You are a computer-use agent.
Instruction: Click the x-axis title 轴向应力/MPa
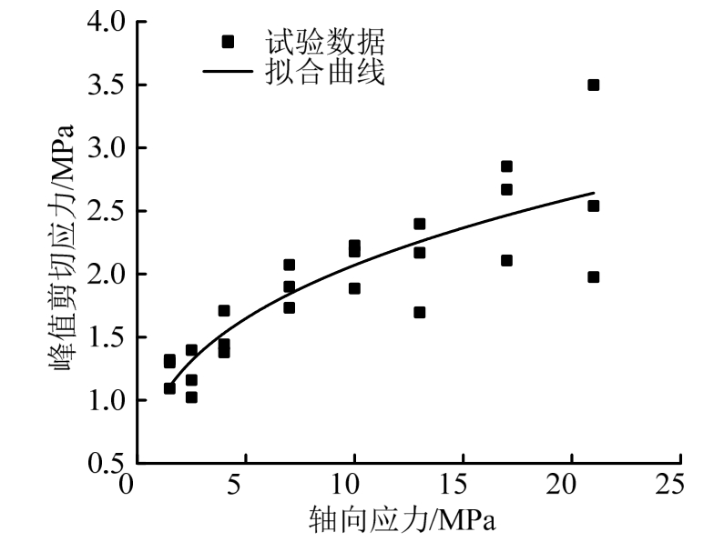[x=404, y=520]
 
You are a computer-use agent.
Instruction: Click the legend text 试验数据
[x=325, y=41]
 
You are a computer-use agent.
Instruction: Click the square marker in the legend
[x=228, y=41]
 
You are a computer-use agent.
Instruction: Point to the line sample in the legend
[x=228, y=72]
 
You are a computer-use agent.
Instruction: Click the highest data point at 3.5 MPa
[x=594, y=85]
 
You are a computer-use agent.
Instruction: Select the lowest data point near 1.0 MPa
[x=191, y=396]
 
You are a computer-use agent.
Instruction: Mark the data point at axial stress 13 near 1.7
[x=420, y=312]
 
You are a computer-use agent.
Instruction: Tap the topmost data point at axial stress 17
[x=506, y=166]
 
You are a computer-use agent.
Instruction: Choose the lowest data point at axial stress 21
[x=594, y=276]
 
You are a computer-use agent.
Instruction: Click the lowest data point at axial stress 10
[x=354, y=288]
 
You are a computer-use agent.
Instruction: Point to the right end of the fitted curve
[x=594, y=193]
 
